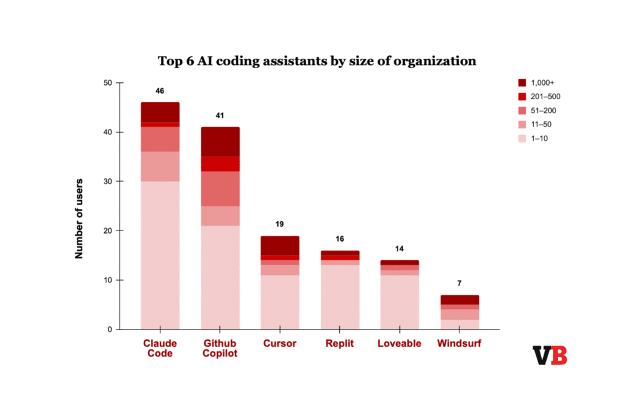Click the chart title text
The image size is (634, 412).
pos(316,61)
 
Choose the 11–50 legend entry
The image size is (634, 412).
pos(537,125)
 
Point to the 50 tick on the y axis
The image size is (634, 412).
pos(108,83)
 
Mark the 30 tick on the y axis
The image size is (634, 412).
pos(108,182)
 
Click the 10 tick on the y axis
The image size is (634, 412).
pos(108,280)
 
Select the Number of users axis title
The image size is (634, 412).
pos(79,218)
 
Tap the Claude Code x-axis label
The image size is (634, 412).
pos(160,348)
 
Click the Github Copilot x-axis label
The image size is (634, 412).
pos(220,348)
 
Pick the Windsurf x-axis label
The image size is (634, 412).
pos(459,343)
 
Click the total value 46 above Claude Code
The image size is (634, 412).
pos(160,91)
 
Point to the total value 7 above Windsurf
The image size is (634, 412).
pos(459,283)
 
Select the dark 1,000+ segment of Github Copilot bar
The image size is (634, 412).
pos(220,141)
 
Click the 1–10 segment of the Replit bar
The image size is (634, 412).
pos(340,297)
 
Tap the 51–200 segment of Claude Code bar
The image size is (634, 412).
pos(160,139)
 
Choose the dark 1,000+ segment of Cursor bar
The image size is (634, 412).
pos(280,245)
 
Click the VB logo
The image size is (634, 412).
pos(550,356)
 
